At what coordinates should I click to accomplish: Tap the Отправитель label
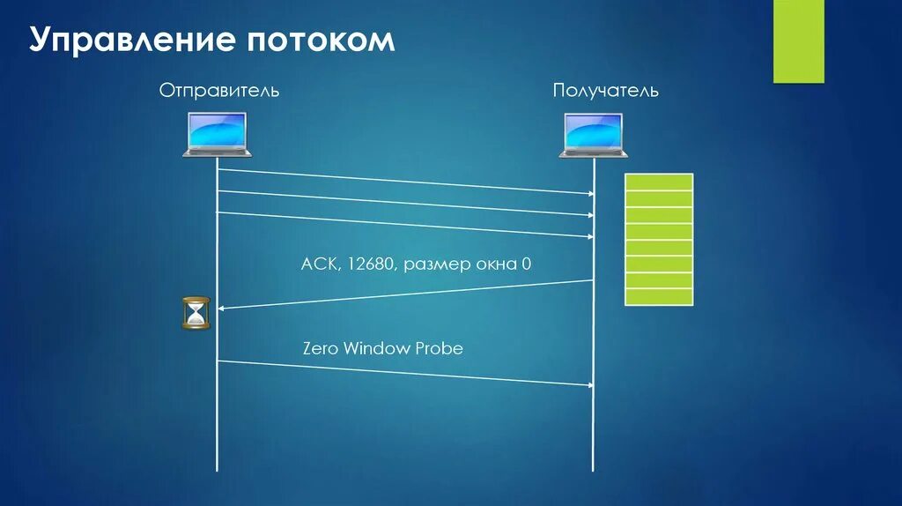pos(219,90)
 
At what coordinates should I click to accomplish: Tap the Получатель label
pos(605,91)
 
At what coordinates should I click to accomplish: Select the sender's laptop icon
pos(217,136)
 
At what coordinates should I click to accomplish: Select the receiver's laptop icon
pos(593,136)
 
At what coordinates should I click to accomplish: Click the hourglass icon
pos(196,313)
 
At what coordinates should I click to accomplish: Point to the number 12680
pos(372,264)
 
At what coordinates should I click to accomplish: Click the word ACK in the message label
pos(318,264)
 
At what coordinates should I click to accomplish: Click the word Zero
pos(321,348)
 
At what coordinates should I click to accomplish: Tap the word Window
pos(376,348)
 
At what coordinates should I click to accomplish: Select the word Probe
pos(438,348)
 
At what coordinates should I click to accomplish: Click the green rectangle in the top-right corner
pos(798,41)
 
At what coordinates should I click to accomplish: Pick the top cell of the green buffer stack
pos(659,182)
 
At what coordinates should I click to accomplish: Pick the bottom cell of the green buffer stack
pos(659,297)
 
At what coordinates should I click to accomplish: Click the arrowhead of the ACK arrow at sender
pos(222,308)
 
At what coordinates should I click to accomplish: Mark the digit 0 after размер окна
pos(526,264)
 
